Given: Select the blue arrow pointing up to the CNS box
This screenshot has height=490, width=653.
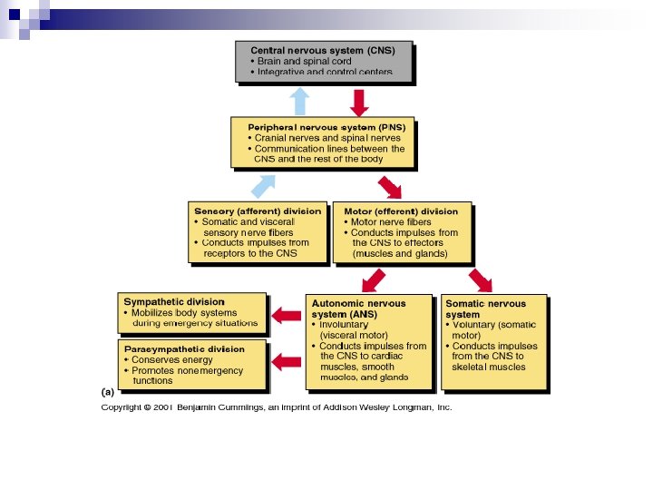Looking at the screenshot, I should tap(298, 101).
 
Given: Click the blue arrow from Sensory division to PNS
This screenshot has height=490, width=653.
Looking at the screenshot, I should tap(264, 185).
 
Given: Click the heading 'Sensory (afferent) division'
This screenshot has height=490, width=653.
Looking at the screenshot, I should tap(258, 211).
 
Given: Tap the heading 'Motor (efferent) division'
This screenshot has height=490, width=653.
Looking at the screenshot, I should tap(401, 211).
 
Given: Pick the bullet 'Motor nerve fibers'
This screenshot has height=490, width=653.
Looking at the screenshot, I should tap(391, 221).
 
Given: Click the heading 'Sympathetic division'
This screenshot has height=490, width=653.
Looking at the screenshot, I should tap(174, 301).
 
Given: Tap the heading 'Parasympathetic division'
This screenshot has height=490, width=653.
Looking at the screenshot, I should tap(184, 348).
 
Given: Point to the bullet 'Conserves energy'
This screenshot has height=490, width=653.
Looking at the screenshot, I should tap(173, 359).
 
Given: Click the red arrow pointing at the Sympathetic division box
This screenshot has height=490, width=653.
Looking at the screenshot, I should tap(288, 316).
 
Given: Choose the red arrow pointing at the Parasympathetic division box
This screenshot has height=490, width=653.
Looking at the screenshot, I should tap(288, 361).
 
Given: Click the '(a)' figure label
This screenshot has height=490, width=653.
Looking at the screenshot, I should tap(107, 392).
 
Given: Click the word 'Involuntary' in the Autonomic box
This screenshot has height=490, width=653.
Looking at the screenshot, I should tap(344, 324).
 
